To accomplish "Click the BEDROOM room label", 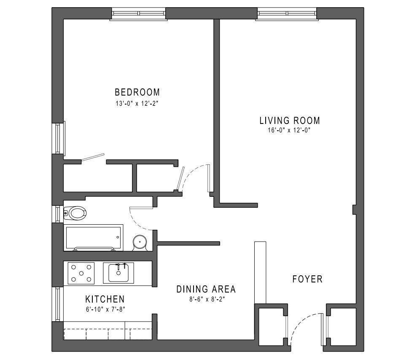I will [137, 92].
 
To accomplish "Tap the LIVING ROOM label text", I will [289, 121].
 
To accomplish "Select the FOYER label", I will [307, 279].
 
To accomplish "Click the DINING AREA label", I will [206, 289].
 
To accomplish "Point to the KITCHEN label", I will [105, 299].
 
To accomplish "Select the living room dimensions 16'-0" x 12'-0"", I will [289, 130].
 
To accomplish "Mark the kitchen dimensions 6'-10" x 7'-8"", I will [105, 309].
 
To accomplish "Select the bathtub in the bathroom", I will [93, 237].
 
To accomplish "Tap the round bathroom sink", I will [140, 242].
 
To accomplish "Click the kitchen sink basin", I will [118, 273].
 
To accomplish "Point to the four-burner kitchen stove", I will [81, 273].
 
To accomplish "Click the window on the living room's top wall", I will [287, 14].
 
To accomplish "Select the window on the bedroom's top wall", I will [139, 14].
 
